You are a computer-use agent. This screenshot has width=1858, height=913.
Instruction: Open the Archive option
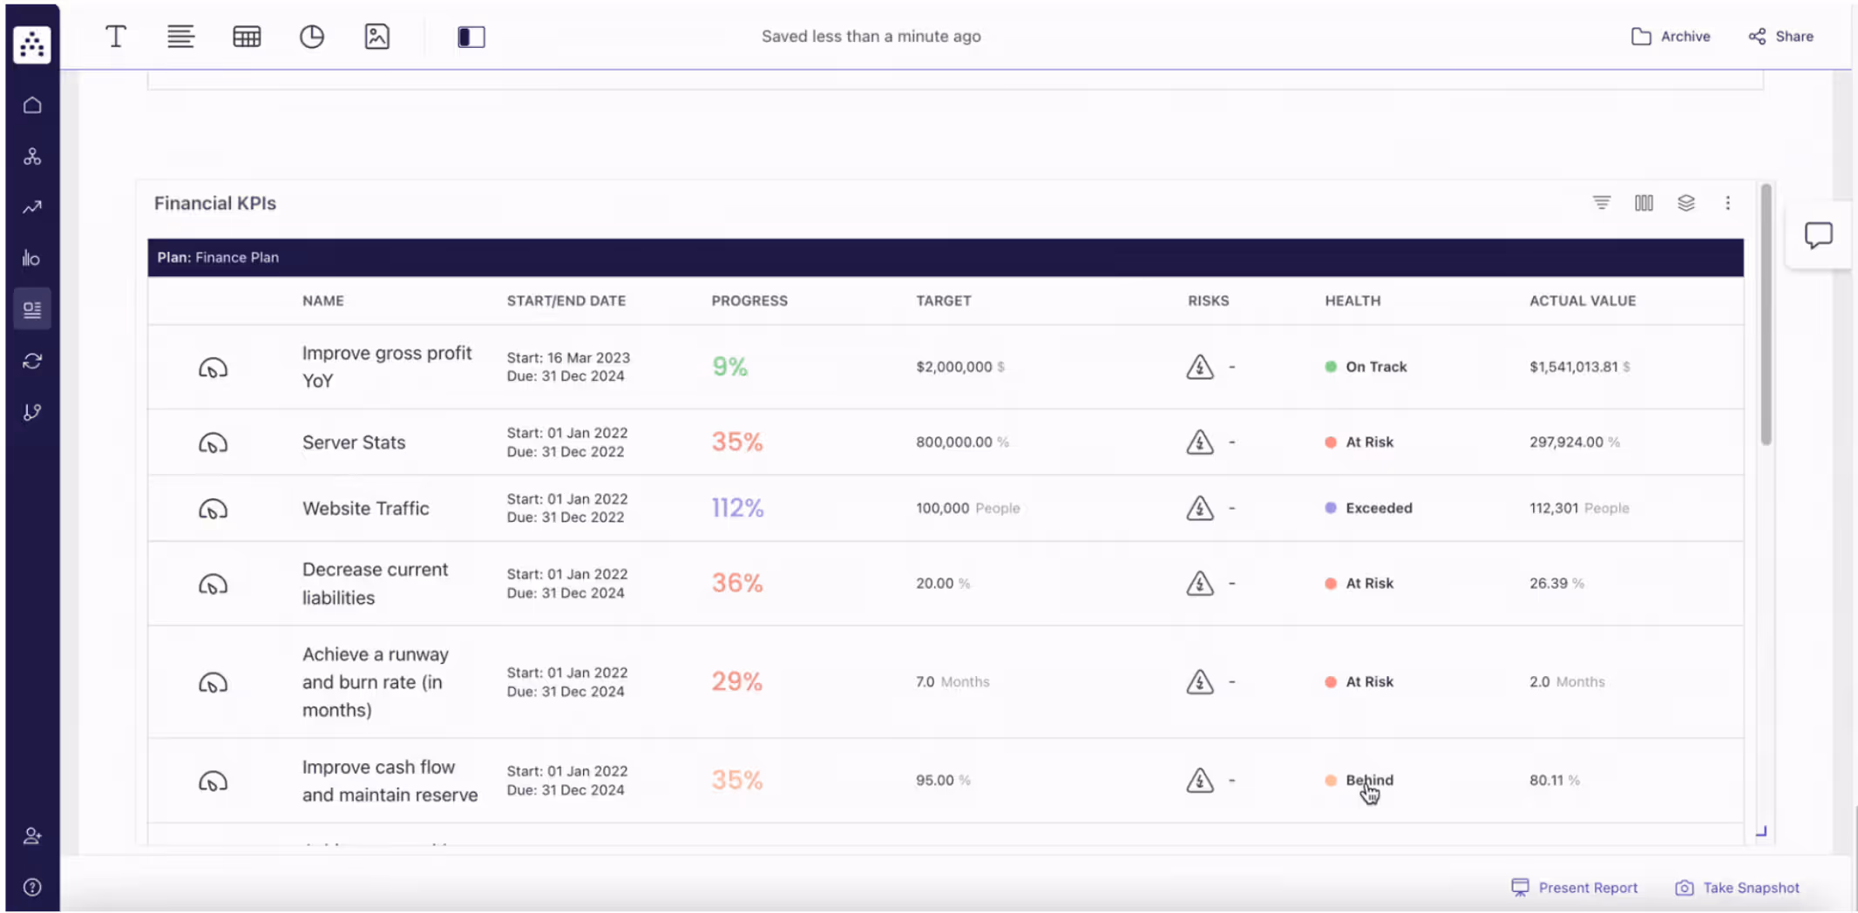[x=1671, y=37]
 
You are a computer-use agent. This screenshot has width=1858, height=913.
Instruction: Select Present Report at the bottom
[x=1575, y=887]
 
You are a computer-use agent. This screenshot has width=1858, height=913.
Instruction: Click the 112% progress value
[x=737, y=508]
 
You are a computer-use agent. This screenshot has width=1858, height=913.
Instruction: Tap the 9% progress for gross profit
[x=729, y=367]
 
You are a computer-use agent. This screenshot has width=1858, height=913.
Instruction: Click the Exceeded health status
[x=1378, y=508]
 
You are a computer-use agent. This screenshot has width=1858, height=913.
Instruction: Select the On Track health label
[x=1375, y=367]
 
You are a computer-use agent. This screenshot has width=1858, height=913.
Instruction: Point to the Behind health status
[x=1368, y=780]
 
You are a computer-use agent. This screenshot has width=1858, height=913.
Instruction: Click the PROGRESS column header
[x=749, y=301]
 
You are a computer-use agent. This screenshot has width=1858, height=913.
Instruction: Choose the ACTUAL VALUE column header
[x=1582, y=301]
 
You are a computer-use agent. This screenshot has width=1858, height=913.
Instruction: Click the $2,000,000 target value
[x=953, y=367]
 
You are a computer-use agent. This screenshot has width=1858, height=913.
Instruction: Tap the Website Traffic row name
[x=365, y=508]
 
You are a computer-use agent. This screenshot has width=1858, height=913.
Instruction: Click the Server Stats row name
[x=353, y=442]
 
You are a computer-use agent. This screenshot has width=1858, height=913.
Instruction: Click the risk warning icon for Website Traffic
[x=1199, y=508]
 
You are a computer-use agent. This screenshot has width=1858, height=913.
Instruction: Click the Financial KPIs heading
[x=214, y=203]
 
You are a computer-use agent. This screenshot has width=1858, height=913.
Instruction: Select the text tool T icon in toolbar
[x=115, y=37]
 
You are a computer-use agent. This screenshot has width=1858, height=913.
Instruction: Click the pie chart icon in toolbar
[x=311, y=37]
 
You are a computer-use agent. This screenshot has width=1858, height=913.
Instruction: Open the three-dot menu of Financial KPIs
[x=1727, y=203]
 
